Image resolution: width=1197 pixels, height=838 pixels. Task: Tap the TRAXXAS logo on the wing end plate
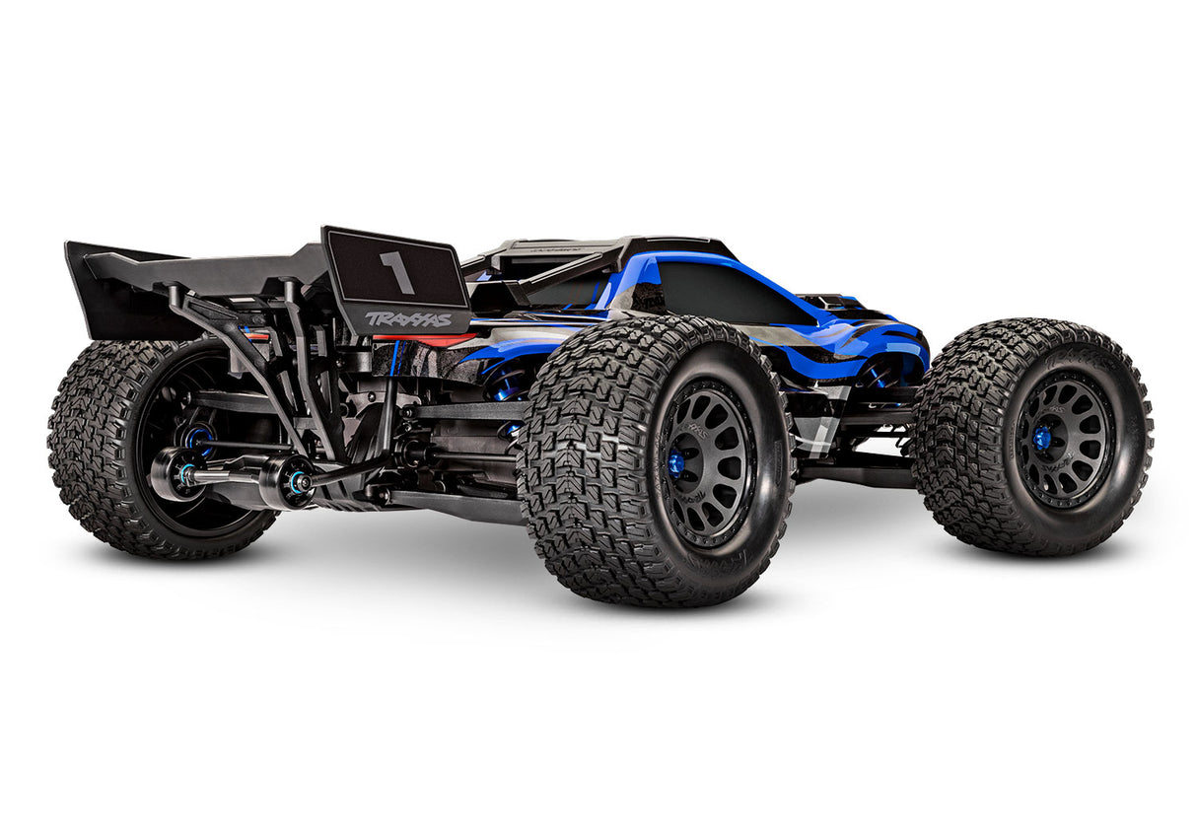pos(408,318)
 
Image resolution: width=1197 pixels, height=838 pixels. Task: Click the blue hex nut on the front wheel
pos(1042,433)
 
